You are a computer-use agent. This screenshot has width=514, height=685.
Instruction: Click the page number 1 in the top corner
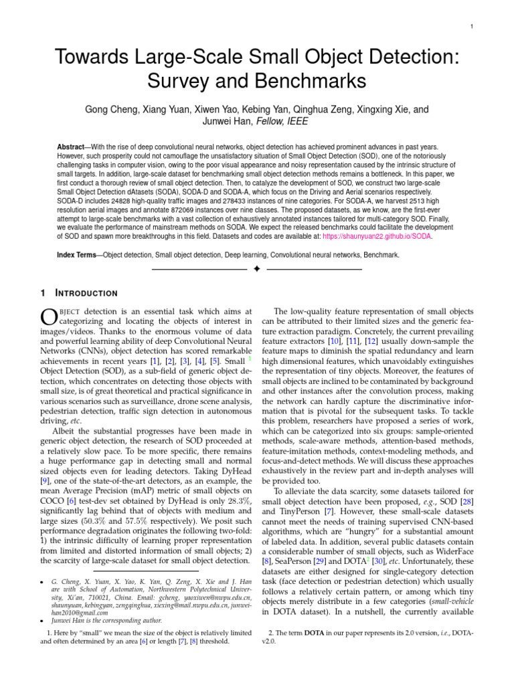pyautogui.click(x=473, y=27)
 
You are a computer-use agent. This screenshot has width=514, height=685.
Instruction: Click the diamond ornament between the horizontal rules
pyautogui.click(x=256, y=268)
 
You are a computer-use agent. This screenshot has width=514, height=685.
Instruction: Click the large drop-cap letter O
pyautogui.click(x=49, y=317)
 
